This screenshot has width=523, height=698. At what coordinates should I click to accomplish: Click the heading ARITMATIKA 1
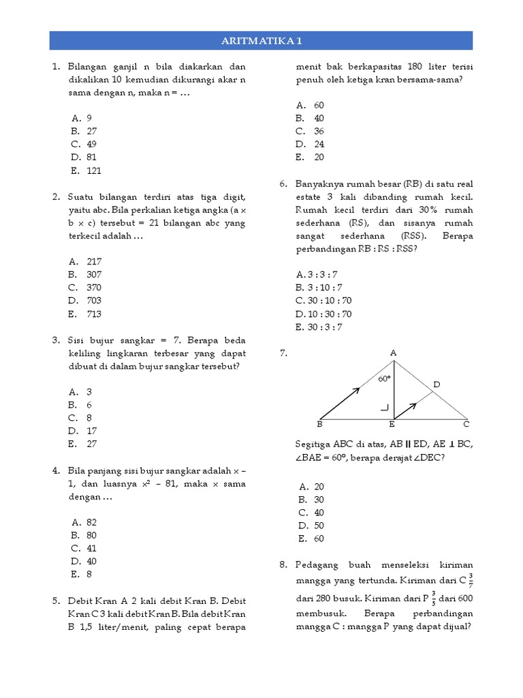[261, 41]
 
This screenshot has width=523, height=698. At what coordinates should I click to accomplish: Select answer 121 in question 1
[94, 170]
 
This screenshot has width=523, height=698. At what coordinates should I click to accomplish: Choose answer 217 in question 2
[94, 262]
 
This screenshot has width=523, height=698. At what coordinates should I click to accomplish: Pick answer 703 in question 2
[94, 301]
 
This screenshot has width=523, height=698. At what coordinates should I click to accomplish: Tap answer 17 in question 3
[92, 431]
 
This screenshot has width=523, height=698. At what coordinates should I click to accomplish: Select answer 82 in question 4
[92, 522]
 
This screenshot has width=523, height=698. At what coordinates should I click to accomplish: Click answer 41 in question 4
[92, 548]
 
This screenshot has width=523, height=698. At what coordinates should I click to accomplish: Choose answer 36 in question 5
[319, 131]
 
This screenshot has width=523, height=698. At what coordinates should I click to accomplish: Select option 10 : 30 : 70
[323, 314]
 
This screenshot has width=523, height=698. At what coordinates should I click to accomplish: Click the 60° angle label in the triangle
[385, 378]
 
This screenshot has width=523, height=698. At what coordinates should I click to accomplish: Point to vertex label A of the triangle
[393, 352]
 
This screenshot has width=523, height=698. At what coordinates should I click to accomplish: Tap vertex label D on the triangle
[437, 385]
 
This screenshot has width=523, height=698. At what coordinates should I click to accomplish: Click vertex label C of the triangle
[466, 424]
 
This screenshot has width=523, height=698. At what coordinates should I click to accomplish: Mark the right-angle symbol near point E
[385, 408]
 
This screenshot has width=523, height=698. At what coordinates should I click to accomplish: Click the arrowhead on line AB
[355, 391]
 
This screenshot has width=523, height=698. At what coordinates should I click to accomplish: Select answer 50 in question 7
[319, 526]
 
